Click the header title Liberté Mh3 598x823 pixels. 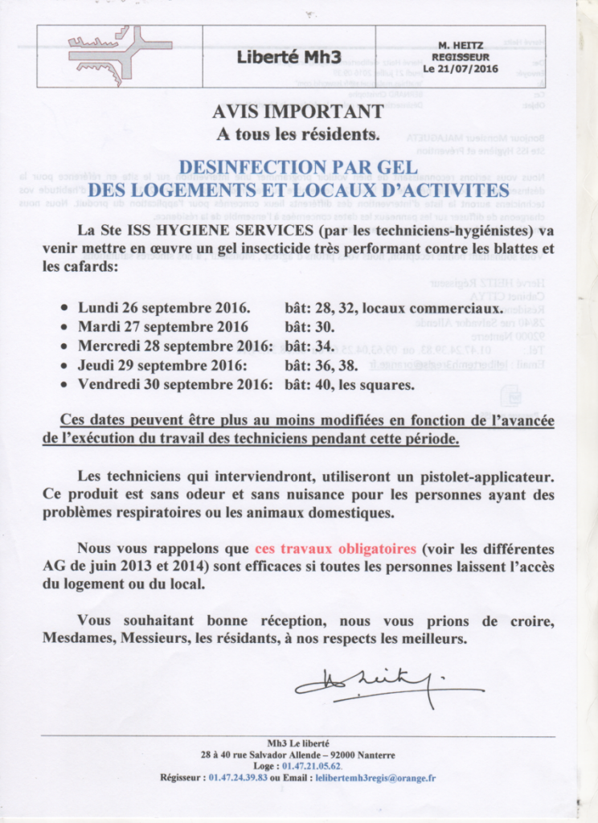[289, 57]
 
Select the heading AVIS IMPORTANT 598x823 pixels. [297, 113]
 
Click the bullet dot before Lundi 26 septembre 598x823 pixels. [65, 309]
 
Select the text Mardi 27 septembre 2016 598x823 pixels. [162, 327]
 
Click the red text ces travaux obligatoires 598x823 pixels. [335, 549]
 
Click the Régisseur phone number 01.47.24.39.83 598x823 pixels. [238, 778]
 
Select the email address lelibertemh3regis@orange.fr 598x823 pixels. [375, 778]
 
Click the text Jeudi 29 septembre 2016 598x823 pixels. [161, 366]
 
